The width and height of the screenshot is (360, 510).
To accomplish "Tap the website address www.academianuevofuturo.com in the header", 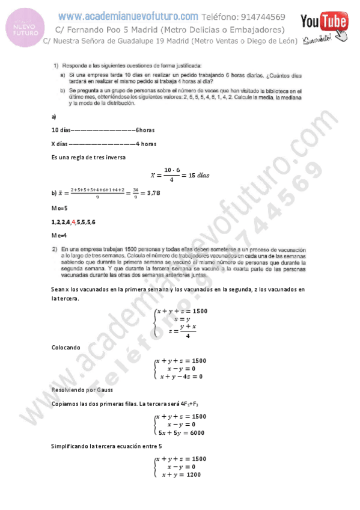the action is tap(128, 16).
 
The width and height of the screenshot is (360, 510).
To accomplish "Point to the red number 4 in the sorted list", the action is tap(73, 222).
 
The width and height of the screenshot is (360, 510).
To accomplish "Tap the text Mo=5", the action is tap(59, 207).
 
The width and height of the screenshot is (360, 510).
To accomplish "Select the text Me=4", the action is tap(59, 236).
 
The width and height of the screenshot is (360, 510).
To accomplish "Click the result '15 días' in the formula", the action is tap(197, 175).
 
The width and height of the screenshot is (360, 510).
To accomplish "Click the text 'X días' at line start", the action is tap(59, 144).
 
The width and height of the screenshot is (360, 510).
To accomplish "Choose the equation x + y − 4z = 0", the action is tap(181, 376).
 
